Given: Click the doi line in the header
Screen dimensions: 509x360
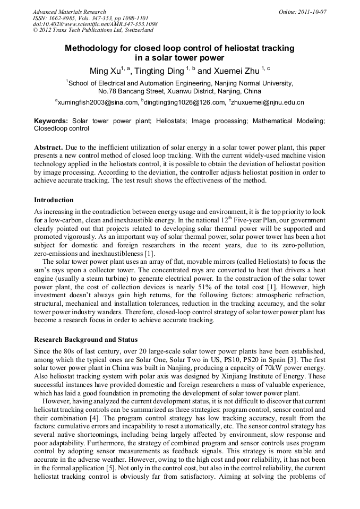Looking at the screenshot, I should [95, 24].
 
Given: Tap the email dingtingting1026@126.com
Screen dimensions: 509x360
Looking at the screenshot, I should [183, 102].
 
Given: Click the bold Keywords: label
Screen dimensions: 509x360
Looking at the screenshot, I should [51, 121].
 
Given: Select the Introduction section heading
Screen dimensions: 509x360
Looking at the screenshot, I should [54, 200].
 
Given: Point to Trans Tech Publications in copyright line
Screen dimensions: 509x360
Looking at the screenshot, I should [83, 30].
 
